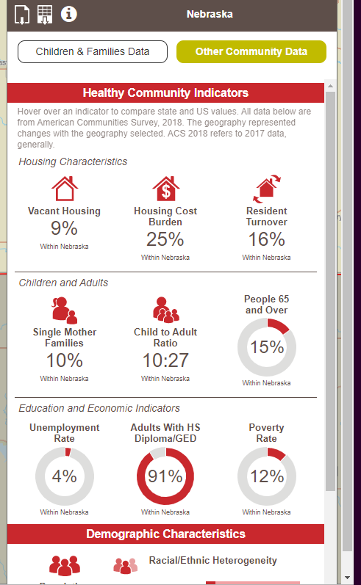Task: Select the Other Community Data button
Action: click(251, 52)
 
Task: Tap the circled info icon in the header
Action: click(69, 13)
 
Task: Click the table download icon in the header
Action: click(45, 14)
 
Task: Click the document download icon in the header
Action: click(22, 14)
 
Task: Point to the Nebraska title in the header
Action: click(210, 14)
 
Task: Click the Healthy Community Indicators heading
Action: click(165, 93)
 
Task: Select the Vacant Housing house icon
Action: click(65, 189)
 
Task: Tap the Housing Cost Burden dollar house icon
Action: click(165, 189)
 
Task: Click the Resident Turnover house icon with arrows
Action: click(266, 189)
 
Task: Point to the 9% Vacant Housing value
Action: click(64, 228)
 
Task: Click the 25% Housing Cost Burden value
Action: click(165, 239)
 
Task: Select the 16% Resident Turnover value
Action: click(266, 239)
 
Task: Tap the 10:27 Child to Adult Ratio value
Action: click(165, 360)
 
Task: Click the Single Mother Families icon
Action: click(65, 310)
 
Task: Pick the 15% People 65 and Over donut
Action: click(266, 347)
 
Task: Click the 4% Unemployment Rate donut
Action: click(65, 476)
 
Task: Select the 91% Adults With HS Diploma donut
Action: click(165, 476)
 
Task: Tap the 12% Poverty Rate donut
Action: click(266, 476)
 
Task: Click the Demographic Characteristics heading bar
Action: click(165, 534)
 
